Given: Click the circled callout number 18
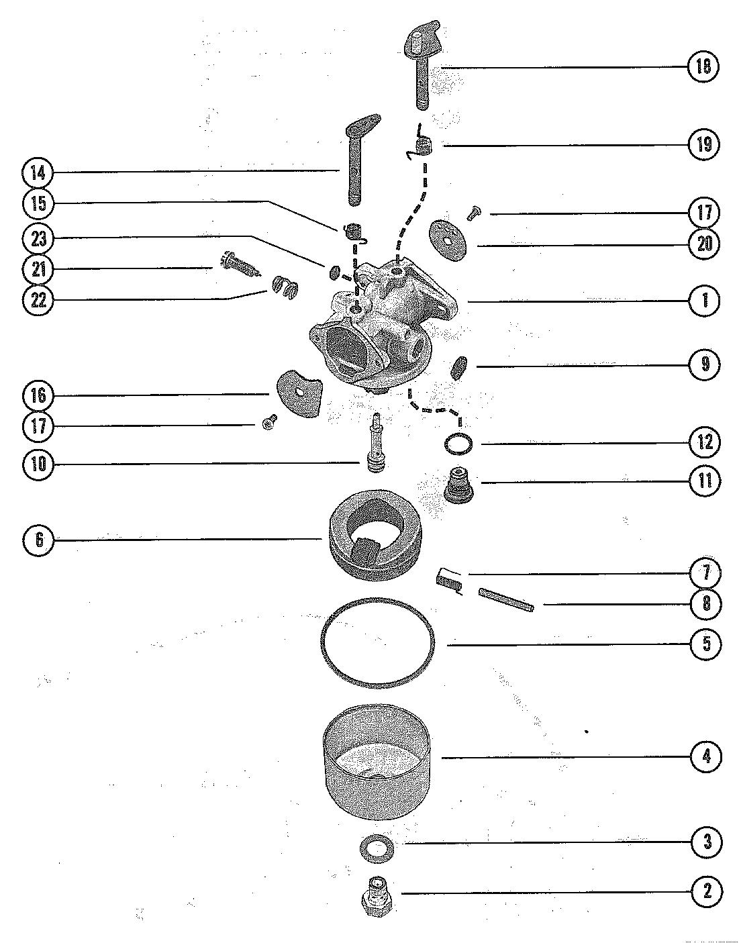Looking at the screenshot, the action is tap(703, 66).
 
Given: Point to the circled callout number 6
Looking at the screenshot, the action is tap(39, 540).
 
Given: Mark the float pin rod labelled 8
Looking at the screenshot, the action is tap(506, 599).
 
